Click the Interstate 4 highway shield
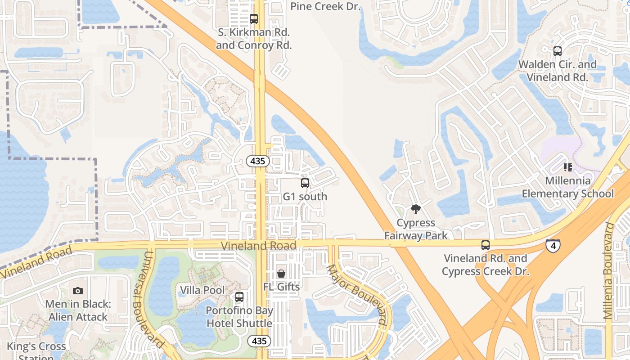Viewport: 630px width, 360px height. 553,246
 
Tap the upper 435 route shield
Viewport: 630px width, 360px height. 258,161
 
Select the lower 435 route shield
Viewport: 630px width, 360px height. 259,341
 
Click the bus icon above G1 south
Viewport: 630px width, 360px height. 305,183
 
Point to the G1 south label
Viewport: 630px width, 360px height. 305,197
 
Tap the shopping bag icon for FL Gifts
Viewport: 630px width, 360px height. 281,273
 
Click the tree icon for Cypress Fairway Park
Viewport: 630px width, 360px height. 416,209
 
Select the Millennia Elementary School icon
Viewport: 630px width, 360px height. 568,167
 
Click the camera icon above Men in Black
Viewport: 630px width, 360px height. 78,291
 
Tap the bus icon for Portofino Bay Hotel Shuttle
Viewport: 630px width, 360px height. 239,297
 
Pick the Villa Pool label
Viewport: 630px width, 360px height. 202,290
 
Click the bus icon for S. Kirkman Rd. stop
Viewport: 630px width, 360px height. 254,19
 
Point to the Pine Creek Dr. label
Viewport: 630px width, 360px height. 326,6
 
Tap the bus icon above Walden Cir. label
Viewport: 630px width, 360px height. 558,51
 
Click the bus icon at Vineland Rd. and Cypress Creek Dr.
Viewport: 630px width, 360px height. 485,245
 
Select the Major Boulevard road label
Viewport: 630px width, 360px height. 356,295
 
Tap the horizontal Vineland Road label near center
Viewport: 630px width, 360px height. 258,245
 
